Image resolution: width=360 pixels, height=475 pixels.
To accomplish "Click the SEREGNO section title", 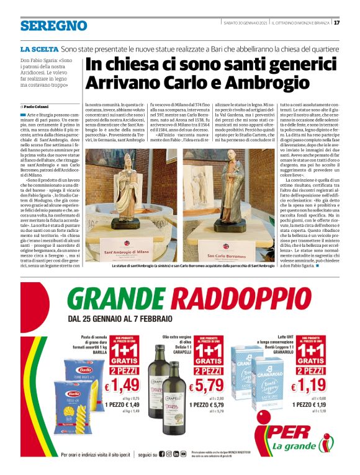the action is pyautogui.click(x=53, y=25).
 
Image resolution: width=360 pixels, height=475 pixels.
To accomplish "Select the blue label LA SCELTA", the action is pyautogui.click(x=39, y=48).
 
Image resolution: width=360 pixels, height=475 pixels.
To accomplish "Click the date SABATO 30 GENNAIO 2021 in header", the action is pyautogui.click(x=246, y=24).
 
